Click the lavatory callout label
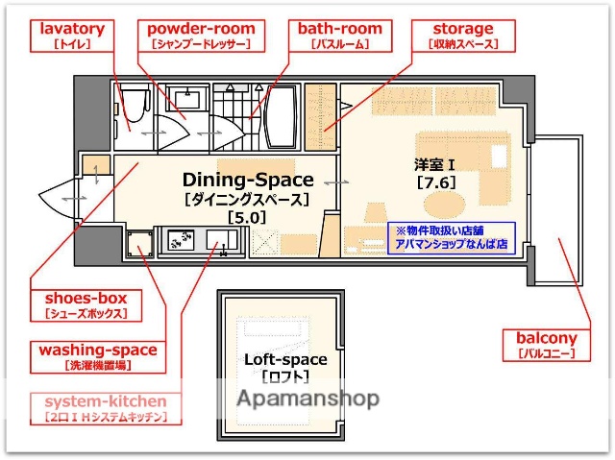point(72,36)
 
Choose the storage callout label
point(462,36)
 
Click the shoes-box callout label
point(86,304)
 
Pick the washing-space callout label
point(97,356)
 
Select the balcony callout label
point(547,345)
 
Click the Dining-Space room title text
point(248,180)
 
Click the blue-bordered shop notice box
point(451,237)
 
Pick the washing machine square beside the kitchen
point(139,245)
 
